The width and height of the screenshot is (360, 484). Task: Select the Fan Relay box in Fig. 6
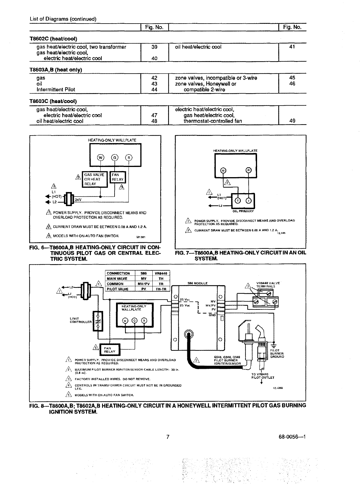[117, 177]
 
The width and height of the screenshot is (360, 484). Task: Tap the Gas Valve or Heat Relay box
[95, 179]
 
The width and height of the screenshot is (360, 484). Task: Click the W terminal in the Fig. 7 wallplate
[223, 170]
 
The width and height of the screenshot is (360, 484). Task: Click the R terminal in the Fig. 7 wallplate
[248, 170]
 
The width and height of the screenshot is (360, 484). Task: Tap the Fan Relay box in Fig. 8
[110, 350]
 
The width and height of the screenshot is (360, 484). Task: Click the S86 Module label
[197, 283]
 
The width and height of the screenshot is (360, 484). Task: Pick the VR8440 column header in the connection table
[161, 273]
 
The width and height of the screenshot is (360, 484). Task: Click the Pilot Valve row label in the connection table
[118, 289]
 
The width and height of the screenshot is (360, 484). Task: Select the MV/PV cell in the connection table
[144, 284]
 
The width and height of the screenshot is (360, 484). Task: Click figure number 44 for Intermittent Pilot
[154, 90]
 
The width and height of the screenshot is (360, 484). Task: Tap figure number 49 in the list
[293, 121]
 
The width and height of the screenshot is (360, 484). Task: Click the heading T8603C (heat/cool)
[53, 101]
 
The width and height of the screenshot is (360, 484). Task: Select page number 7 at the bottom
[167, 437]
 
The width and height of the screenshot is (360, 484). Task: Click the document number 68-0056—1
[293, 437]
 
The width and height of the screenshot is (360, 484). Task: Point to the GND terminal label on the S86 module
[212, 315]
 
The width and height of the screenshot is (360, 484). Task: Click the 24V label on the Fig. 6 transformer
[78, 200]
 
